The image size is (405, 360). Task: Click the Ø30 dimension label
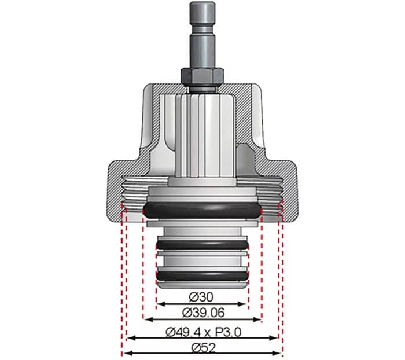(x=202, y=296)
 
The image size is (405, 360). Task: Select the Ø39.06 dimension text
(x=202, y=313)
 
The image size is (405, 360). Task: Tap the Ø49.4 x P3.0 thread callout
(x=202, y=332)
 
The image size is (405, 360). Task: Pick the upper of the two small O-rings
(x=202, y=247)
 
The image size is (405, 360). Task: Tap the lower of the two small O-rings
(x=202, y=273)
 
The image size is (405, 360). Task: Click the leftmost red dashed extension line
(x=122, y=278)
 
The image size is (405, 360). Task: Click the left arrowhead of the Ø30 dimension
(x=160, y=303)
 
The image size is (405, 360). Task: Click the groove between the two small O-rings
(x=202, y=260)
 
